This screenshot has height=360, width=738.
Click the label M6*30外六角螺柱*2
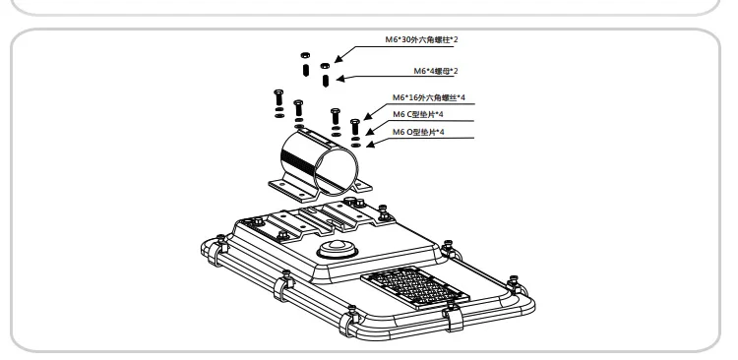tap(422, 40)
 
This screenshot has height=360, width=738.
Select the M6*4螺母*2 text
tap(436, 71)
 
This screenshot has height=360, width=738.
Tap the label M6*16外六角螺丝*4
tap(429, 98)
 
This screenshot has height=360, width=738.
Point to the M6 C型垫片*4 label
tap(418, 114)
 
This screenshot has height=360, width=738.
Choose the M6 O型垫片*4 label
tap(418, 132)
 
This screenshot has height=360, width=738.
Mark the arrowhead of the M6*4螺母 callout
tap(340, 79)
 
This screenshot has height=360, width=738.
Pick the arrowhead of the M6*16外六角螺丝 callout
tap(368, 116)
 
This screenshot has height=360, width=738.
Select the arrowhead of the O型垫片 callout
tap(370, 145)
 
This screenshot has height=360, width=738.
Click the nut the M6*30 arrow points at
tap(325, 66)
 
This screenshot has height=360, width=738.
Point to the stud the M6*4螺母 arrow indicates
tap(326, 81)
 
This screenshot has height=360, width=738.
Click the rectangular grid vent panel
tap(414, 286)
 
